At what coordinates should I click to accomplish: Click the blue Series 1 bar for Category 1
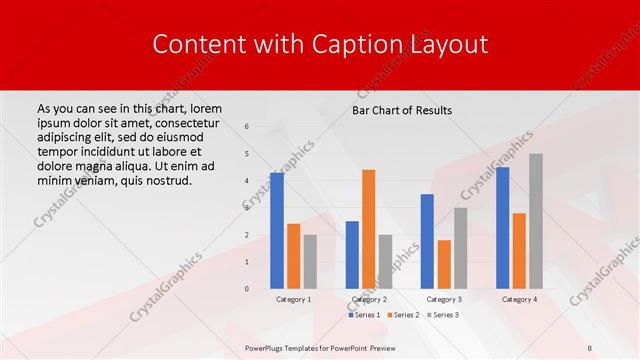[277, 231]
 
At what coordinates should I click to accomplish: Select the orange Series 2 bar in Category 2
[368, 229]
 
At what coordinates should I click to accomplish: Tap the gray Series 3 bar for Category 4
[535, 221]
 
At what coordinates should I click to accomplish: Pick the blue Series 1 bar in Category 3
[427, 241]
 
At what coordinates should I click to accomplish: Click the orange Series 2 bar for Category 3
[443, 264]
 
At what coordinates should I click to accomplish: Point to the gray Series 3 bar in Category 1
[309, 262]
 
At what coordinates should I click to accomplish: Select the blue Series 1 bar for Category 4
[502, 228]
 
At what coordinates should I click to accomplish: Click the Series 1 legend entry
[364, 315]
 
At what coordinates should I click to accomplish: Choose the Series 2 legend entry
[402, 315]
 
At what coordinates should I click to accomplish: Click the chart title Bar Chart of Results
[402, 110]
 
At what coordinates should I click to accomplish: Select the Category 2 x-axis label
[369, 299]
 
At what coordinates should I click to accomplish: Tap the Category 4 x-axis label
[519, 299]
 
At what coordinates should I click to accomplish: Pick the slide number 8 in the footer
[589, 345]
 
